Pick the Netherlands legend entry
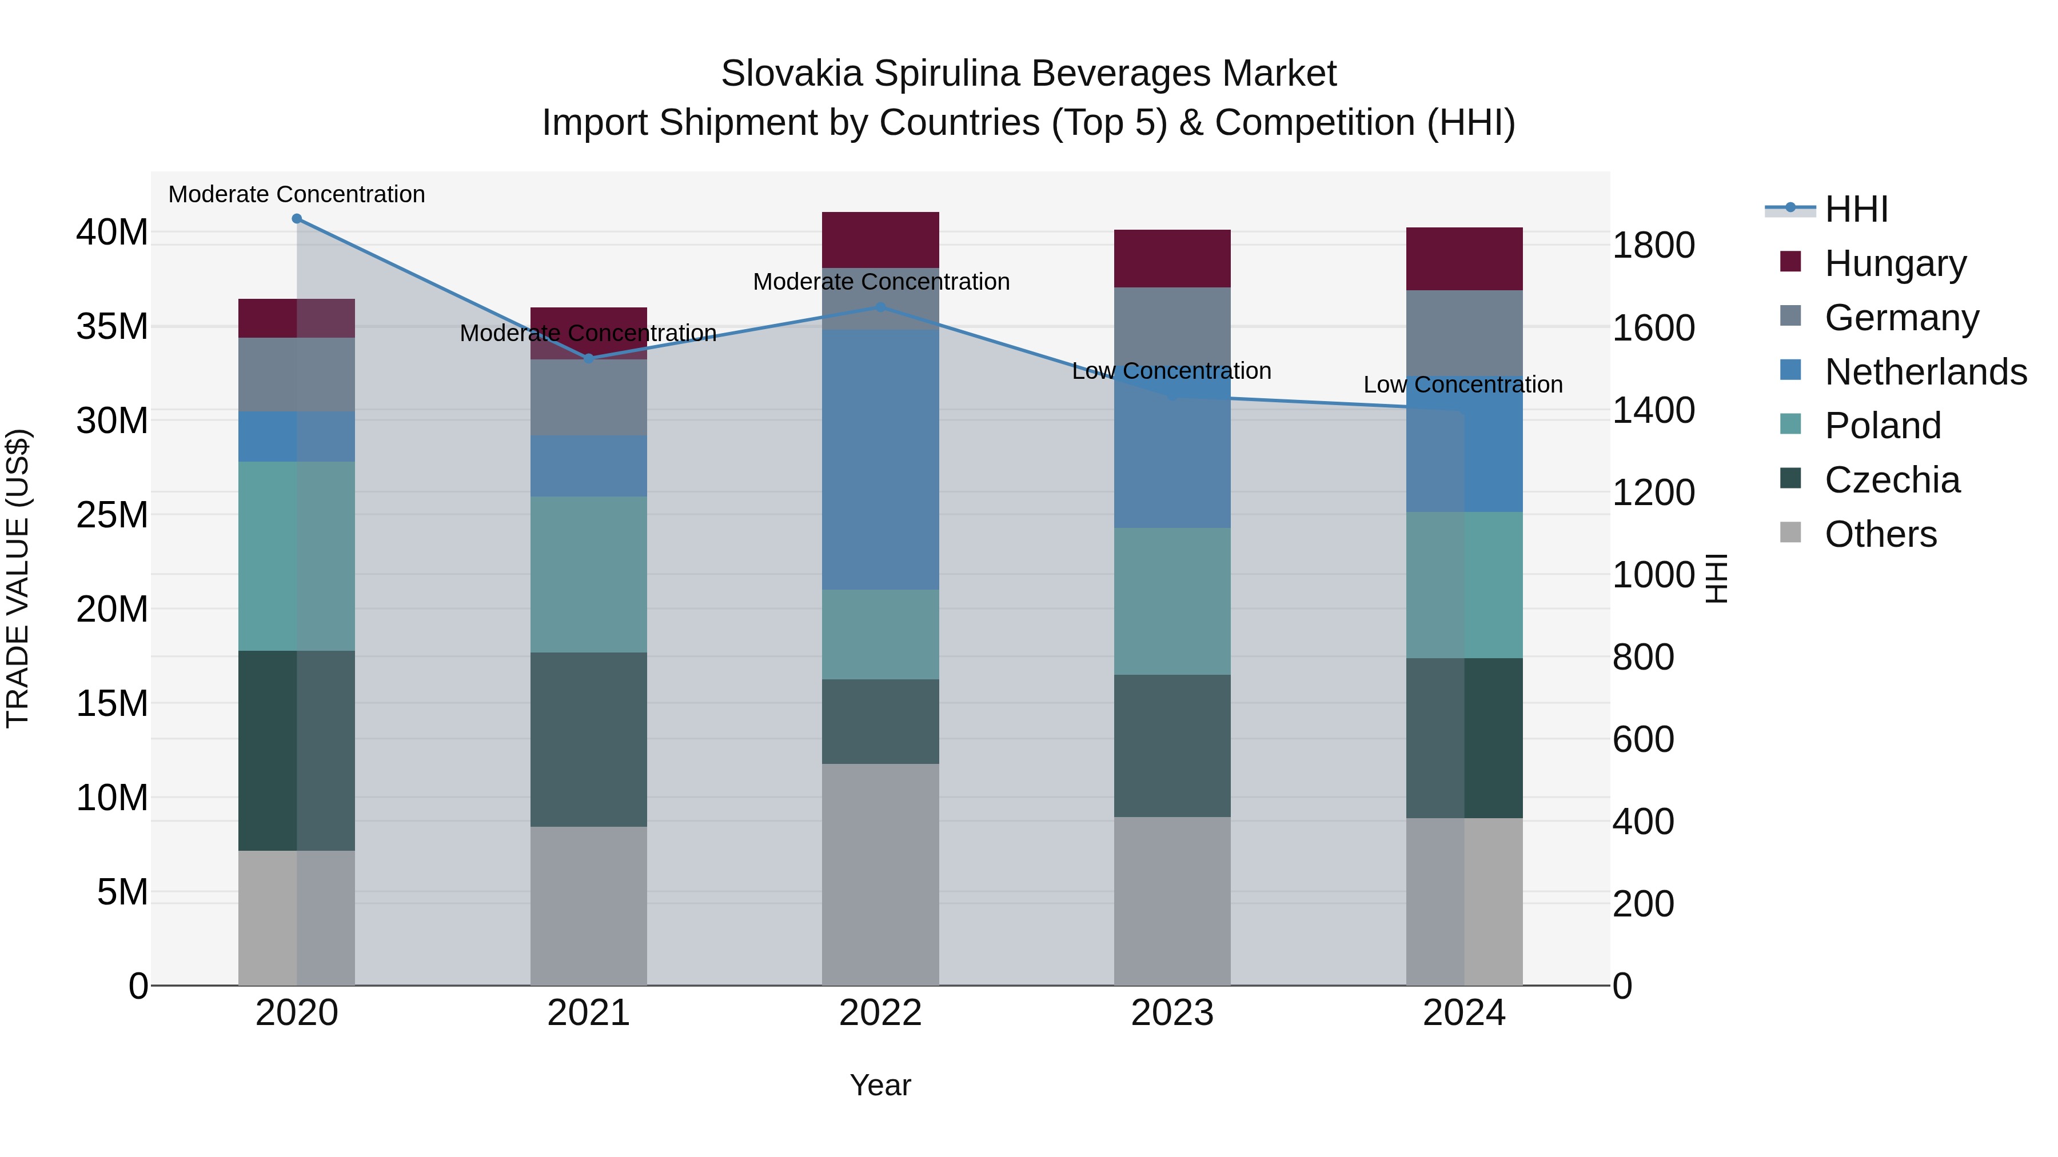pyautogui.click(x=1925, y=372)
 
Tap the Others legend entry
pyautogui.click(x=1880, y=534)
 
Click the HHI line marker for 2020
pyautogui.click(x=297, y=219)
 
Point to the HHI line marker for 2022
pyautogui.click(x=880, y=307)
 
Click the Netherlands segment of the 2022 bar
pyautogui.click(x=880, y=459)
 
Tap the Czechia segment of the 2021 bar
pyautogui.click(x=589, y=739)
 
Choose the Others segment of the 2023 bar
pyautogui.click(x=1172, y=900)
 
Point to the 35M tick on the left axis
pyautogui.click(x=112, y=327)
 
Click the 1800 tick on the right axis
pyautogui.click(x=1653, y=245)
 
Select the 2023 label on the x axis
pyautogui.click(x=1172, y=1013)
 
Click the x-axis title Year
pyautogui.click(x=880, y=1085)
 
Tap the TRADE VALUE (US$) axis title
pyautogui.click(x=18, y=578)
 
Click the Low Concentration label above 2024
pyautogui.click(x=1463, y=385)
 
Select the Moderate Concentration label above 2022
pyautogui.click(x=881, y=282)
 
